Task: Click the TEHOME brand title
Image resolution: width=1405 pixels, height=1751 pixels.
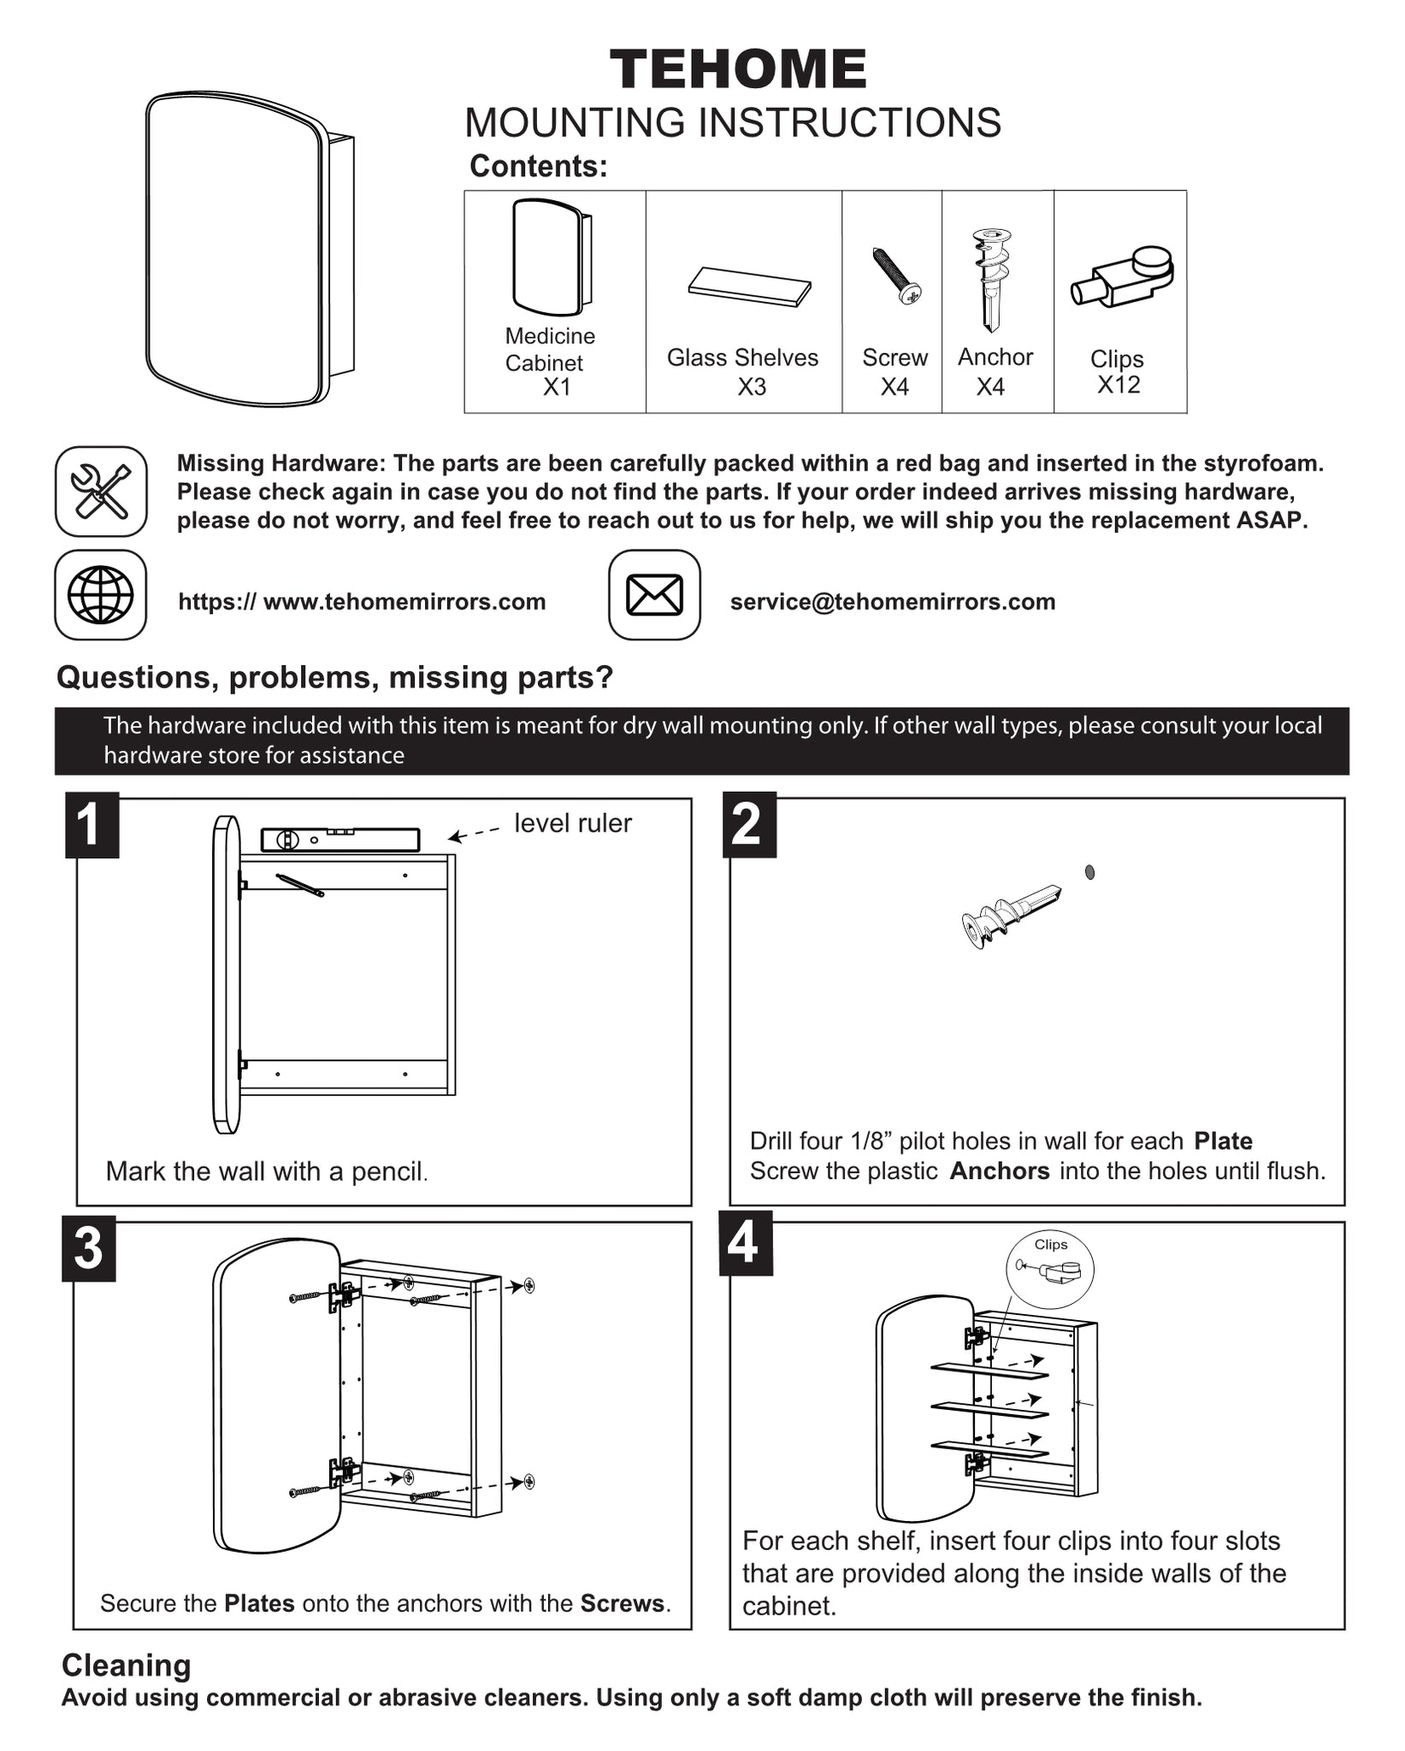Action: pos(738,69)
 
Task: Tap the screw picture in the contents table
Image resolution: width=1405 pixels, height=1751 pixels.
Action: pos(895,275)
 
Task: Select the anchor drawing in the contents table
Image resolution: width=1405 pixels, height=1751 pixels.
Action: pos(990,279)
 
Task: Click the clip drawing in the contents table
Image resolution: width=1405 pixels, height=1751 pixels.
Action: pos(1122,276)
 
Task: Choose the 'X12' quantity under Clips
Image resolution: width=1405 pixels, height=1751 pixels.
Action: pos(1119,385)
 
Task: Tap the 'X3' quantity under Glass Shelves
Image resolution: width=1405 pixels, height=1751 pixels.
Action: pos(752,387)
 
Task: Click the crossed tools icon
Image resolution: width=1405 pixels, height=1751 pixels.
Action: pos(101,492)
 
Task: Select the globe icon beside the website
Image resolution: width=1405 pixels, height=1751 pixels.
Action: pos(101,595)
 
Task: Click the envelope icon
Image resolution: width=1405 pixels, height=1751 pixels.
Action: pos(654,595)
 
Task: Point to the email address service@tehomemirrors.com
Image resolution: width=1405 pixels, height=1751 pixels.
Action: pos(893,602)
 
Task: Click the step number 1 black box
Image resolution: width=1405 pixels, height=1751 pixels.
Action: pos(92,825)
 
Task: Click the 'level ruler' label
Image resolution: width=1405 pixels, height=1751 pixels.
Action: pos(573,823)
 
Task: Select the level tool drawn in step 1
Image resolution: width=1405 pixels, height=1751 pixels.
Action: pos(339,840)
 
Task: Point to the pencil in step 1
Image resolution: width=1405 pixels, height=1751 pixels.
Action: pos(299,885)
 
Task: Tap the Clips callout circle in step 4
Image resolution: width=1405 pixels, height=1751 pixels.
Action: pos(1049,1269)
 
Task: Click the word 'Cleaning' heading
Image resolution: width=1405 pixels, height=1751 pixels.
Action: pos(127,1665)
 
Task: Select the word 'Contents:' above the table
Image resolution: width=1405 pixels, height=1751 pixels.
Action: pos(539,166)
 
